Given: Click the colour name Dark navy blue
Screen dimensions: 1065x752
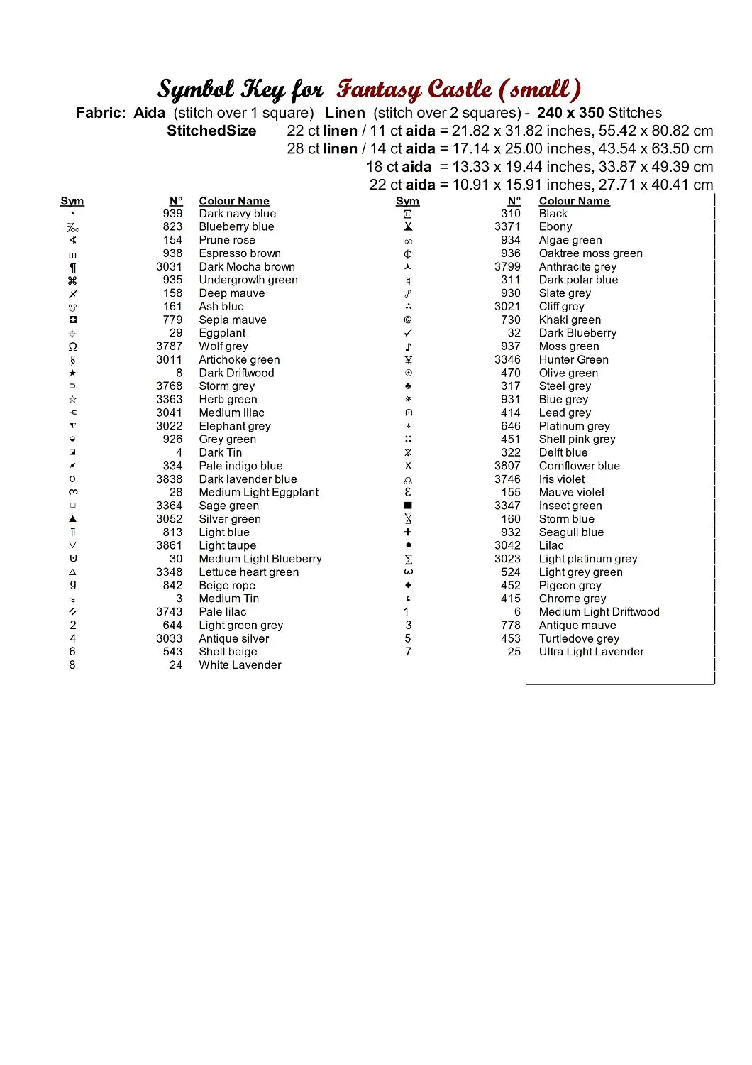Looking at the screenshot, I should tap(237, 214).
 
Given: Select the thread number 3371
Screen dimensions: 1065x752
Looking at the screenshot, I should tap(507, 226).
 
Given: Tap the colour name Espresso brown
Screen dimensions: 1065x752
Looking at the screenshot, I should tap(240, 253).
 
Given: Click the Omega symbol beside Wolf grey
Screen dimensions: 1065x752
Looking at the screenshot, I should tap(72, 347).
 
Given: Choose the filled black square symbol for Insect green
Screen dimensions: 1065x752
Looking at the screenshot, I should tap(408, 506).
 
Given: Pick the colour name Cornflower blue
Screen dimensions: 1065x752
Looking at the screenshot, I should tap(579, 466).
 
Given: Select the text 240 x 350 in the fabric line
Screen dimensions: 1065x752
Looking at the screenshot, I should tap(570, 113).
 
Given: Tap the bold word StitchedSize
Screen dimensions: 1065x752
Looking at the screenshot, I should tap(211, 131).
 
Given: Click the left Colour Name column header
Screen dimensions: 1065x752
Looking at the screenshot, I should tap(234, 201).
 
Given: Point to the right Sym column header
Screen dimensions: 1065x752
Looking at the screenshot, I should tap(407, 201).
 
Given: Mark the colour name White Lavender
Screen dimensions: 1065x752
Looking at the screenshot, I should tap(240, 665).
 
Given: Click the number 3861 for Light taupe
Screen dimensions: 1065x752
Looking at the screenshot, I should tap(169, 545).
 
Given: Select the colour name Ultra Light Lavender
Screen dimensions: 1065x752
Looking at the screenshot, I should tap(591, 652).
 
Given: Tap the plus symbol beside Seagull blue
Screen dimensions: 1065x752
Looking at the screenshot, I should tap(408, 532).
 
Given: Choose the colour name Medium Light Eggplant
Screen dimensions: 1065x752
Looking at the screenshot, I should tap(258, 493).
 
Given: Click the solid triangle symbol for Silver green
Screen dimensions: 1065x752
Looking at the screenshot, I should tap(72, 519).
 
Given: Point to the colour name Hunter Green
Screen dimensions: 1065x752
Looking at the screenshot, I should tap(573, 360).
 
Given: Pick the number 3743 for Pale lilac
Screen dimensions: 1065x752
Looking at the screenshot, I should tap(169, 612).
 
